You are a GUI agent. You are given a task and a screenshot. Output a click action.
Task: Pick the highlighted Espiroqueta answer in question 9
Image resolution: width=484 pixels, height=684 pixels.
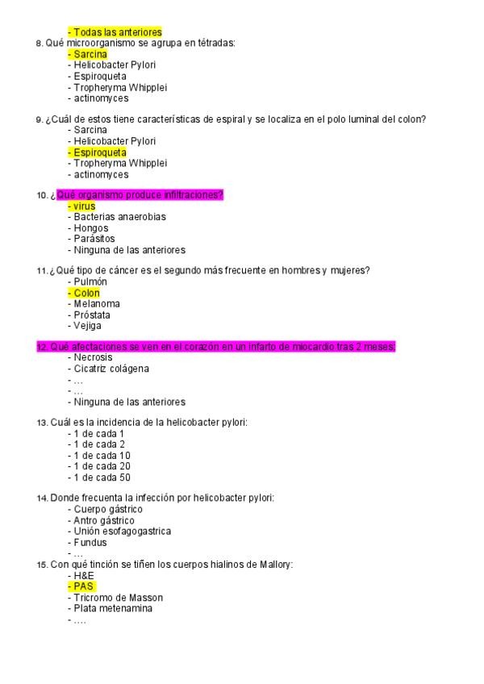[x=99, y=152]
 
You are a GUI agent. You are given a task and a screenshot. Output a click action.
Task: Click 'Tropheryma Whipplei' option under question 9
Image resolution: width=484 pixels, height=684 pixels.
[x=120, y=163]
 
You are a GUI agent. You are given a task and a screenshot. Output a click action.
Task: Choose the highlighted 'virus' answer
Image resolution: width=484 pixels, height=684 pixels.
[x=84, y=206]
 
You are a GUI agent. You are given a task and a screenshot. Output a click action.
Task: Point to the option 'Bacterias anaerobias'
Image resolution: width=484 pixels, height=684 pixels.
[x=119, y=217]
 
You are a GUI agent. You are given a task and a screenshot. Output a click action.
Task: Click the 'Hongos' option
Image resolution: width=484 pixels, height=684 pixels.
[x=90, y=228]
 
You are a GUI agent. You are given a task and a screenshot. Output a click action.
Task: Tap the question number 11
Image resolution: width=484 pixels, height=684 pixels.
[x=41, y=270]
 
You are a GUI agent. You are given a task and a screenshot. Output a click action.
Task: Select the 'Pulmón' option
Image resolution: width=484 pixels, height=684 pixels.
[x=90, y=282]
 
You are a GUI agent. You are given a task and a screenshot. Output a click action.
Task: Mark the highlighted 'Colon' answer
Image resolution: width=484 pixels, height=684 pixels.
[x=86, y=293]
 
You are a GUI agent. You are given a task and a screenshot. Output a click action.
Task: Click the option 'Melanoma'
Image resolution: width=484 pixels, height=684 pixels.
[x=96, y=304]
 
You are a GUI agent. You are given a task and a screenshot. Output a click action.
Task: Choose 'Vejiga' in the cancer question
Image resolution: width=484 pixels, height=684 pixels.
[x=88, y=326]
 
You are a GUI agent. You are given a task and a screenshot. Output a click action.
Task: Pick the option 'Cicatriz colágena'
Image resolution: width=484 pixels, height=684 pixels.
[x=111, y=369]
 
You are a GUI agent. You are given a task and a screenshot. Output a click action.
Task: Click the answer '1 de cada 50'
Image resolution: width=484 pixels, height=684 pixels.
[x=102, y=478]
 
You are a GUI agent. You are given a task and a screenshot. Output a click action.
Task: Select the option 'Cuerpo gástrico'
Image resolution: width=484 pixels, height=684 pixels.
[x=108, y=509]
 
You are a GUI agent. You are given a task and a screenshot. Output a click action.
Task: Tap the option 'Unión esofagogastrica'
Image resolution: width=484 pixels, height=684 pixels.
[x=122, y=531]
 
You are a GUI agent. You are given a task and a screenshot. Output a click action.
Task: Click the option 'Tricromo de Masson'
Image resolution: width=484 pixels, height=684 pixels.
[x=118, y=598]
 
